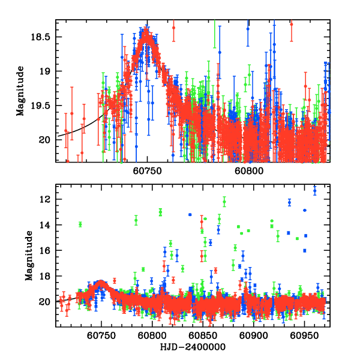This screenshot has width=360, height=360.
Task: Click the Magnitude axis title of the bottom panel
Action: [29, 257]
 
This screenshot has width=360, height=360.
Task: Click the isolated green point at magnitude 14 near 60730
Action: [80, 224]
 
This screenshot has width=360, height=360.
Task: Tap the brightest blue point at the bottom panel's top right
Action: [314, 190]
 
